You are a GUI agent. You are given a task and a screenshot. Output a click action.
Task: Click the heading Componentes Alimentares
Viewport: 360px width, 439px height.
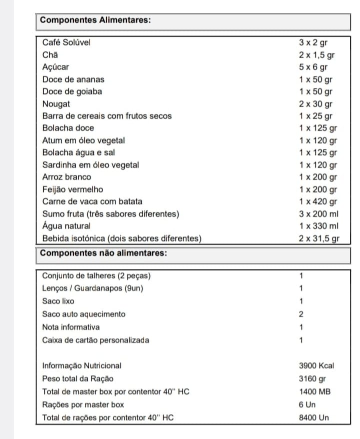click(x=95, y=20)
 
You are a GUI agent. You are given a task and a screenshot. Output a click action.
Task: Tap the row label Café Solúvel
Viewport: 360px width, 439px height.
click(x=66, y=43)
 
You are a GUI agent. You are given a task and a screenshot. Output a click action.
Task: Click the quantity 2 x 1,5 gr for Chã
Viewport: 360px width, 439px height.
click(x=317, y=55)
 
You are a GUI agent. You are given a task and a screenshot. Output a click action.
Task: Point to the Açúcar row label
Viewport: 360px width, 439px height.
click(x=56, y=67)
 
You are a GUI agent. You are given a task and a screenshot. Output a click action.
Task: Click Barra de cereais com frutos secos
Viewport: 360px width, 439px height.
click(x=107, y=116)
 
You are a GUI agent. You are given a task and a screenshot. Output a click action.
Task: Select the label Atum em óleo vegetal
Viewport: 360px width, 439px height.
click(x=83, y=140)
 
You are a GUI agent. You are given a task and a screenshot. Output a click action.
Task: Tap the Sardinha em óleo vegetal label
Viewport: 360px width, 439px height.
click(x=90, y=165)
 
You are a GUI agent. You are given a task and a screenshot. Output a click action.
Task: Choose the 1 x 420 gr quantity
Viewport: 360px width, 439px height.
click(x=318, y=201)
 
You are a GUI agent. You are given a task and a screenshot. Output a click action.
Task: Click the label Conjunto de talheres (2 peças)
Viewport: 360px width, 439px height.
click(x=96, y=275)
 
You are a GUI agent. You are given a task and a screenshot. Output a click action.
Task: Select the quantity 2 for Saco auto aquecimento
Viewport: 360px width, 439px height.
click(x=301, y=314)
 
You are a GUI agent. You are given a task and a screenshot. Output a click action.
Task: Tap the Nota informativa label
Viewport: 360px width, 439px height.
click(x=71, y=327)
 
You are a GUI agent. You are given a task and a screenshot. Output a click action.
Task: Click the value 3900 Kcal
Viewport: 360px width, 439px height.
click(x=316, y=365)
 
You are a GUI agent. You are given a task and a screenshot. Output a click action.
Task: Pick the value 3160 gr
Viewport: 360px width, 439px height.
click(x=313, y=378)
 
